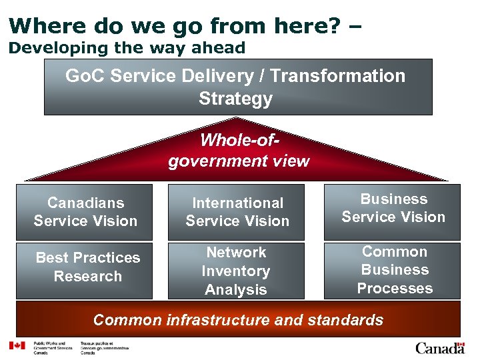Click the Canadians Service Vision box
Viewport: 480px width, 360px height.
pyautogui.click(x=85, y=212)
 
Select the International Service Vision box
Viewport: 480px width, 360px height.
pyautogui.click(x=237, y=212)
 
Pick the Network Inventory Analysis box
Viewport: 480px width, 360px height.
pyautogui.click(x=237, y=271)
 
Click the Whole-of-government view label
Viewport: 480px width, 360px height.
pyautogui.click(x=239, y=151)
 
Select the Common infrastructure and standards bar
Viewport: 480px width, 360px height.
pyautogui.click(x=238, y=320)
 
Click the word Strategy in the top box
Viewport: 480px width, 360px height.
pyautogui.click(x=235, y=99)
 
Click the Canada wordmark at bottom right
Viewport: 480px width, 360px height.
pyautogui.click(x=439, y=347)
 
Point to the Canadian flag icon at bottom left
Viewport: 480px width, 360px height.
pyautogui.click(x=16, y=346)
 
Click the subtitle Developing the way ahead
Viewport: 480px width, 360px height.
pyautogui.click(x=127, y=48)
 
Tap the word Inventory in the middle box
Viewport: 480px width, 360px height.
pyautogui.click(x=235, y=271)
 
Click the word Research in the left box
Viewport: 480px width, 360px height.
pyautogui.click(x=87, y=276)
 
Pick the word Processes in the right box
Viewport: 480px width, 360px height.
pyautogui.click(x=395, y=289)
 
